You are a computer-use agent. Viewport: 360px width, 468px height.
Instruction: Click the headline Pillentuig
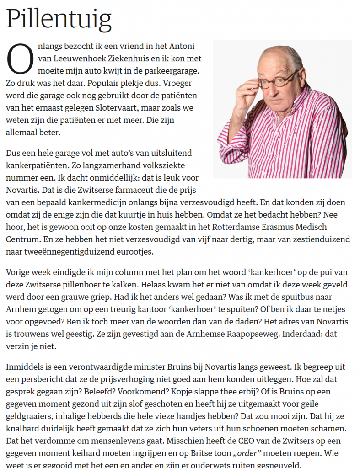click(59, 19)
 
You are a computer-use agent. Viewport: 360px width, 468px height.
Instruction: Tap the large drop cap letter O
click(20, 59)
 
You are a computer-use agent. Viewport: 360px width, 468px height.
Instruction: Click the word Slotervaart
click(108, 108)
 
